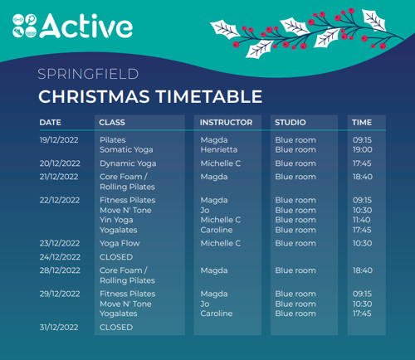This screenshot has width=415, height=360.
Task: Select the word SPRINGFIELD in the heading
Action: (87, 75)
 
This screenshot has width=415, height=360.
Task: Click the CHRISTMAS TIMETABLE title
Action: (150, 97)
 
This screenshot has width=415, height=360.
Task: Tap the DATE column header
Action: (51, 123)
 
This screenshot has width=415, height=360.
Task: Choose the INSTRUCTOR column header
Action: (226, 123)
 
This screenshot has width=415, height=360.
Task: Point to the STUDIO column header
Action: (290, 123)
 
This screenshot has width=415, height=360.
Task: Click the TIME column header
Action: (362, 123)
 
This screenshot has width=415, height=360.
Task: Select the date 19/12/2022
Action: (60, 140)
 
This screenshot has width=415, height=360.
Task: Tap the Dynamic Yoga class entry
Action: (128, 163)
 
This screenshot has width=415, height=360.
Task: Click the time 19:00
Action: (362, 150)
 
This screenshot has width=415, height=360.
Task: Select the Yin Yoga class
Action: (116, 220)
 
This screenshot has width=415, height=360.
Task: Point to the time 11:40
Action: (362, 220)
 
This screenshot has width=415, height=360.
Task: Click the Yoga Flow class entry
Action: (120, 243)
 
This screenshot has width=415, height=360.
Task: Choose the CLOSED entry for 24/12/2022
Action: (116, 257)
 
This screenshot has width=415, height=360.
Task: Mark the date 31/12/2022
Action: (60, 327)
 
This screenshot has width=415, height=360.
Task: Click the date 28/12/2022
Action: (60, 270)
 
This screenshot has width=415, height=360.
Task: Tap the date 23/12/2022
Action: (60, 243)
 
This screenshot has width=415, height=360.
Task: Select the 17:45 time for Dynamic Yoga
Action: (362, 163)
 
